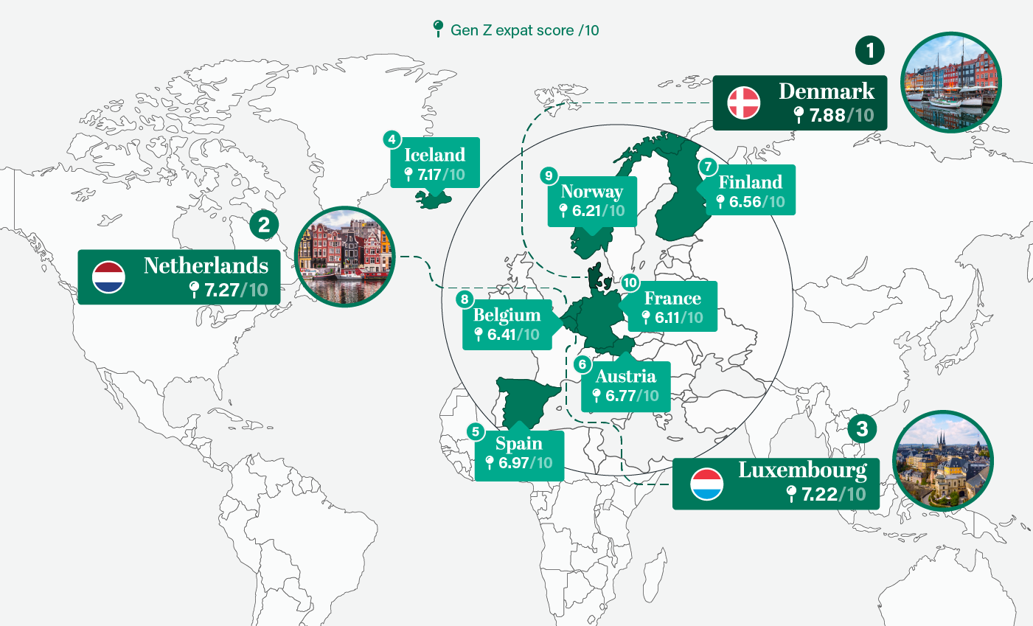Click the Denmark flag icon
(743, 103)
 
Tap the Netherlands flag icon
(108, 277)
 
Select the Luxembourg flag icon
(706, 484)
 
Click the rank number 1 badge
(870, 51)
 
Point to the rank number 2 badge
(264, 224)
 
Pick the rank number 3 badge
(862, 428)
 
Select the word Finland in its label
(750, 182)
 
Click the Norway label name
(591, 192)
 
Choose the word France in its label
(672, 299)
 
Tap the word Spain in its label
(518, 444)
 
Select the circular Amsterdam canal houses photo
(344, 257)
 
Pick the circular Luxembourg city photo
(942, 461)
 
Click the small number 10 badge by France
(629, 283)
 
